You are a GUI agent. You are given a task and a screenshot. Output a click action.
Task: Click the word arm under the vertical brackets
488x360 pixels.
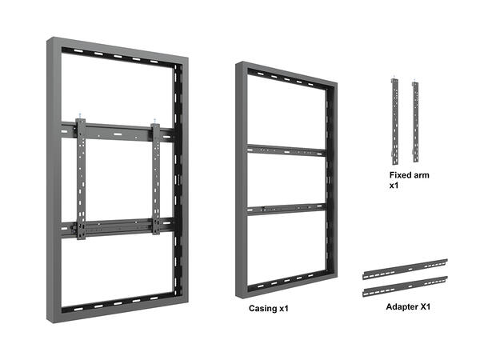[x=423, y=175]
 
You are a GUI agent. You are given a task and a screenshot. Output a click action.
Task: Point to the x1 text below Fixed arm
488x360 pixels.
[x=394, y=186]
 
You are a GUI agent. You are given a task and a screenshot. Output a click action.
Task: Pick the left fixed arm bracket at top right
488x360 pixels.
[x=394, y=120]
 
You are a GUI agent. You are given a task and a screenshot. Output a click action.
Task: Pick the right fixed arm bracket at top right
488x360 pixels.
[x=416, y=120]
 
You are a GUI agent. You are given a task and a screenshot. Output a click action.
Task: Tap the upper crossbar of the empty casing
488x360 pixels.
[x=286, y=150]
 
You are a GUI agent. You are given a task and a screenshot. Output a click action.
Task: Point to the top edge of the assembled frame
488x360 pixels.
[x=120, y=47]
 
